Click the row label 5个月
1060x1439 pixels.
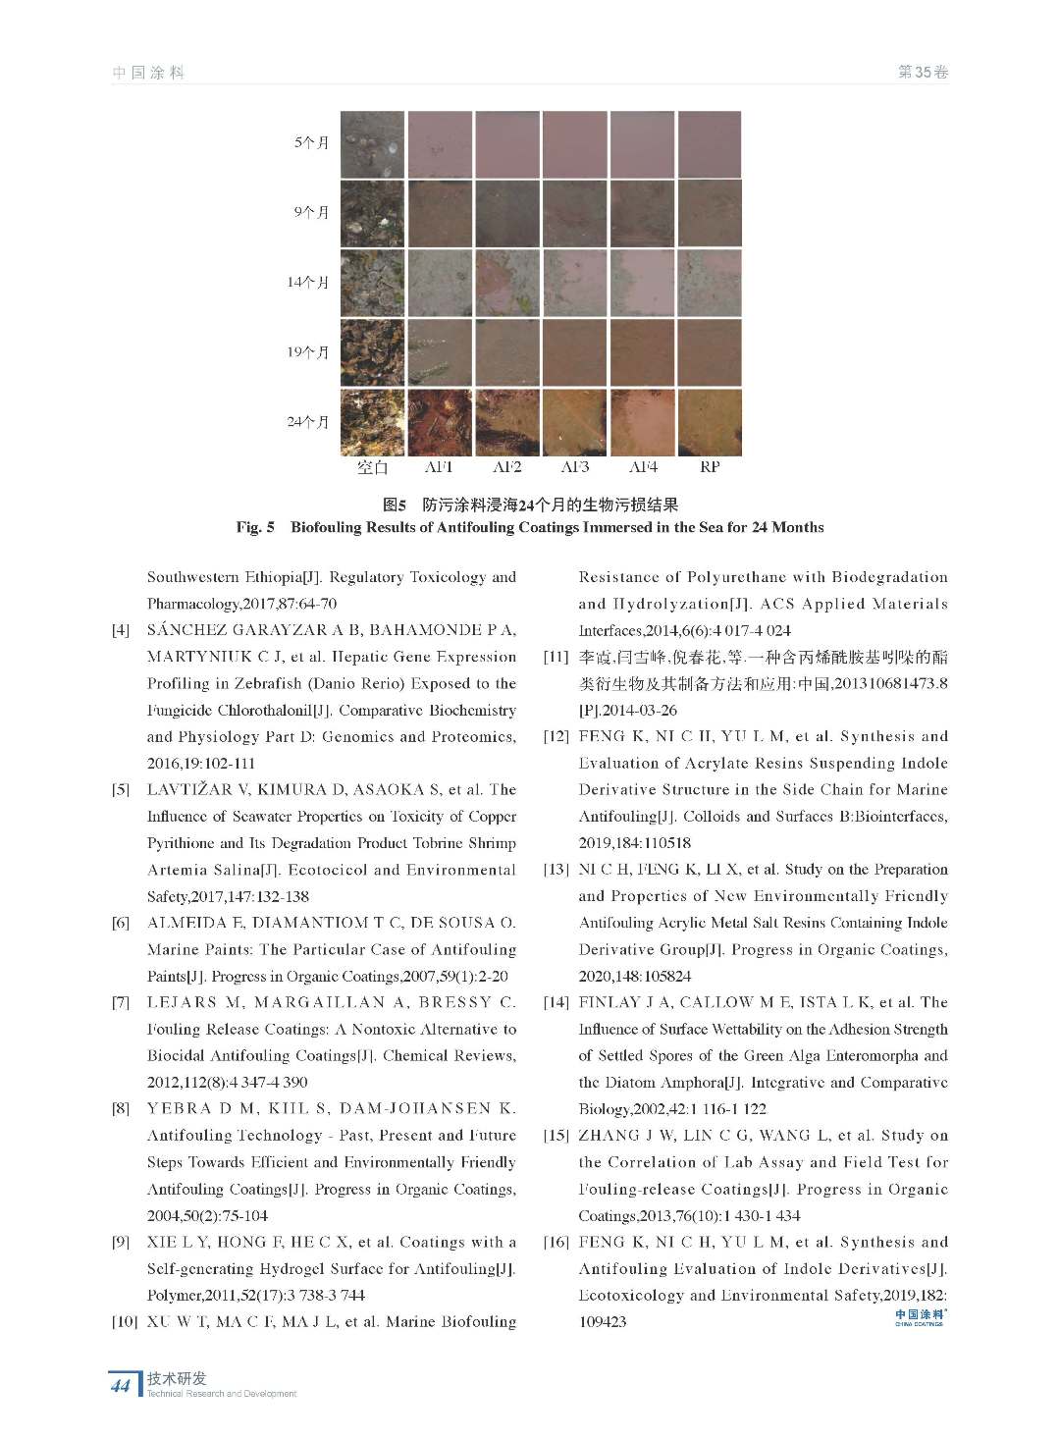pyautogui.click(x=311, y=142)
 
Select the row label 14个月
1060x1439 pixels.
pyautogui.click(x=307, y=283)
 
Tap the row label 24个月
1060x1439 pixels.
pyautogui.click(x=307, y=422)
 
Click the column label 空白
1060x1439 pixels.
pyautogui.click(x=372, y=468)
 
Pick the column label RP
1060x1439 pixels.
pyautogui.click(x=710, y=468)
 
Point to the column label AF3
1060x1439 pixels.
pyautogui.click(x=575, y=468)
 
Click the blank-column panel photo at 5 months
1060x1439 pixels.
pyautogui.click(x=372, y=143)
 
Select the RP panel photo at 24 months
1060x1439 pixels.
pyautogui.click(x=710, y=422)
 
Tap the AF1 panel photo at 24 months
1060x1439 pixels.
pyautogui.click(x=439, y=422)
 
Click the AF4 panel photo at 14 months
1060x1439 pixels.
pyautogui.click(x=643, y=283)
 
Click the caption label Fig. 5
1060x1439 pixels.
pyautogui.click(x=255, y=528)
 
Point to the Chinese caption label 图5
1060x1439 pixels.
pyautogui.click(x=395, y=506)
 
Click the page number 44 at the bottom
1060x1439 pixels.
pyautogui.click(x=121, y=1386)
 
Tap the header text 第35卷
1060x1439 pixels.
pyautogui.click(x=923, y=73)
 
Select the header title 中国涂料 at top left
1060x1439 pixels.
pyautogui.click(x=148, y=73)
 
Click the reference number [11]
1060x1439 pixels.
pyautogui.click(x=556, y=658)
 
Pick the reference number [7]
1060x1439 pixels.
pyautogui.click(x=121, y=1003)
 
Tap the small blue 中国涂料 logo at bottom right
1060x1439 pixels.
pyautogui.click(x=920, y=1316)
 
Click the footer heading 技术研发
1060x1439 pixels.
pyautogui.click(x=177, y=1378)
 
